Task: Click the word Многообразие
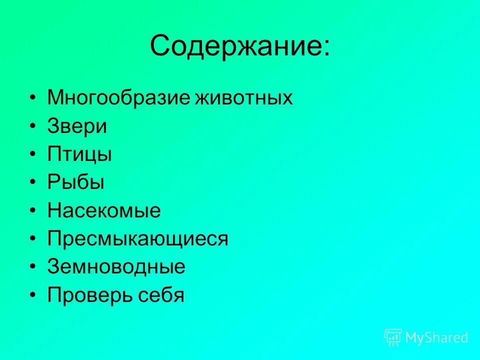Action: [118, 97]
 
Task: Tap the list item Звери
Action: [77, 126]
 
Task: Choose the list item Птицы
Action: [79, 154]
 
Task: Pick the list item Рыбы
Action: [76, 182]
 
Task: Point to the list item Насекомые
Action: [104, 210]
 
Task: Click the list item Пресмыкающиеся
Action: [137, 239]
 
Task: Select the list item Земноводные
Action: [116, 267]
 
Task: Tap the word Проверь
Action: [88, 295]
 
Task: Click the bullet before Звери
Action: [32, 126]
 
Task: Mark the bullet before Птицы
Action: [32, 155]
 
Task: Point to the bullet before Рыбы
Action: [32, 183]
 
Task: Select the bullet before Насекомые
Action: [32, 211]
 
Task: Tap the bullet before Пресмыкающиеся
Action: [32, 239]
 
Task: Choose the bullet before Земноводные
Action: [32, 267]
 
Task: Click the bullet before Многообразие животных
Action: [32, 98]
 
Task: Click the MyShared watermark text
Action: [436, 338]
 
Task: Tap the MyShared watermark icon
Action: [393, 337]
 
